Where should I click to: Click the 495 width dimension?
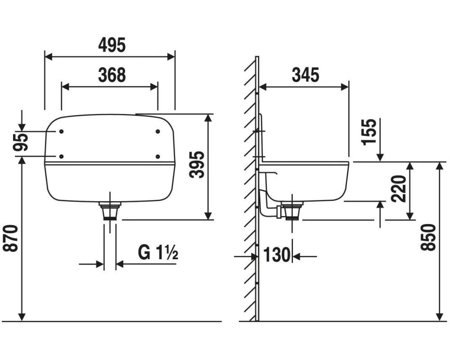(112, 45)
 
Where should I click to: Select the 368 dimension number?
(112, 75)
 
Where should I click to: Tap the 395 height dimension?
(197, 165)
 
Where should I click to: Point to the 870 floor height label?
(11, 238)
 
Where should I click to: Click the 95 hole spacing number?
(21, 142)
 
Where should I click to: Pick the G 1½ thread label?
(158, 252)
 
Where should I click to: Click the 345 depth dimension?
(306, 75)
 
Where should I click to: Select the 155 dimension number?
(369, 132)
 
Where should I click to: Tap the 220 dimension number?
(399, 189)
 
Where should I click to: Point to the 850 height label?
(428, 238)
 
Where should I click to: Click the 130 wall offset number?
(277, 255)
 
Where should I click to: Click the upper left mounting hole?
(61, 131)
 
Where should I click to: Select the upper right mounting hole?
(157, 131)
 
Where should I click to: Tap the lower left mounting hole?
(61, 157)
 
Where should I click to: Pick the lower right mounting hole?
(157, 157)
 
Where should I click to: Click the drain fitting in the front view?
(110, 211)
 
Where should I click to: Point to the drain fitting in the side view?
(292, 211)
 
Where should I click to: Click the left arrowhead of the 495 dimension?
(49, 57)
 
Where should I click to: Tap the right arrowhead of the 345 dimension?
(345, 87)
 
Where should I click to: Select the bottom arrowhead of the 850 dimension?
(439, 317)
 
